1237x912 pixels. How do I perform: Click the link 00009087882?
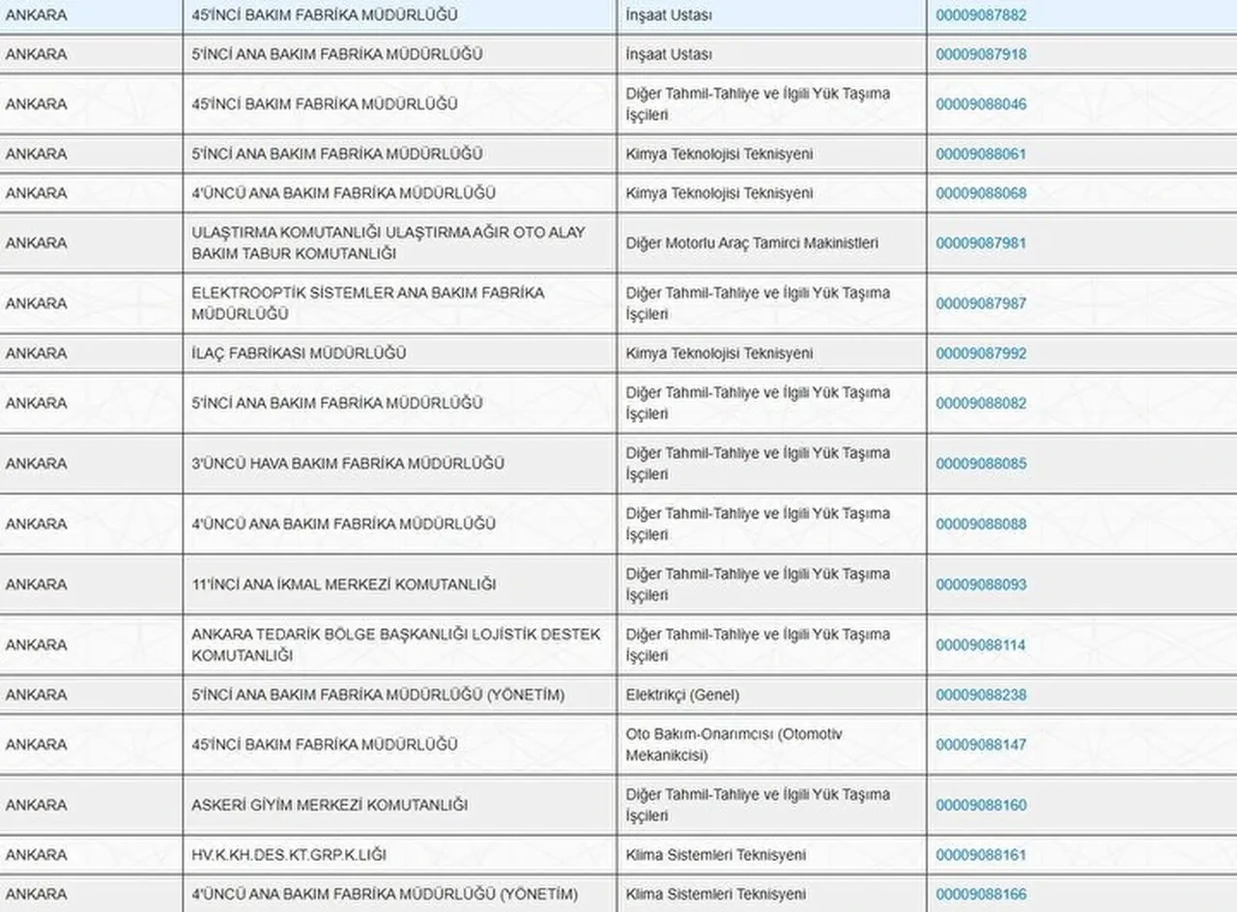click(x=981, y=15)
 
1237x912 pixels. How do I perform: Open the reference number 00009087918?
click(x=981, y=55)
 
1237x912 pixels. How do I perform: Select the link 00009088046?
click(x=981, y=104)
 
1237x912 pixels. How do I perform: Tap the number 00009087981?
click(x=981, y=243)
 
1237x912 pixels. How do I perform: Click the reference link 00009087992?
click(x=981, y=354)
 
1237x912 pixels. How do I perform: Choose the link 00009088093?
click(x=981, y=584)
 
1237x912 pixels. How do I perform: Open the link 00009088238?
click(x=981, y=696)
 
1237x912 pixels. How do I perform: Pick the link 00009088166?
click(x=981, y=895)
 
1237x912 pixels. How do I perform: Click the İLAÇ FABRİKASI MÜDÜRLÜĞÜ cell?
click(x=299, y=354)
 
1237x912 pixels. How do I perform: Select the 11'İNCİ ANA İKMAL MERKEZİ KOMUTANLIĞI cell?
click(x=343, y=584)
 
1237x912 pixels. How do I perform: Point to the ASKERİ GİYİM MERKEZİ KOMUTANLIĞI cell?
click(x=330, y=805)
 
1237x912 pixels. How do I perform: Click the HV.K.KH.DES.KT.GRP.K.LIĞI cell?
click(x=290, y=855)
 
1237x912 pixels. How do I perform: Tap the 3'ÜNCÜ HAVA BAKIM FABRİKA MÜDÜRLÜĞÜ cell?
click(x=348, y=464)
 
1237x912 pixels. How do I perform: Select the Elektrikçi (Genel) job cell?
click(x=682, y=696)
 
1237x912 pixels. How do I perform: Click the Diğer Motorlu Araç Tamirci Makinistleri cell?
click(x=752, y=243)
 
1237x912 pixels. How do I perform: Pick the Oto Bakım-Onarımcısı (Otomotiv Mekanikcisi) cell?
click(x=734, y=745)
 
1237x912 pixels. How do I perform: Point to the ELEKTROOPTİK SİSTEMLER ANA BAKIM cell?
click(x=367, y=303)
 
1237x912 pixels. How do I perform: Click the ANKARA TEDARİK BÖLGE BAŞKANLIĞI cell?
click(x=395, y=644)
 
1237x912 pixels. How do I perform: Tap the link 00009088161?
click(x=981, y=855)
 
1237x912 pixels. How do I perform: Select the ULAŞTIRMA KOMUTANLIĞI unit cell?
click(x=388, y=243)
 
